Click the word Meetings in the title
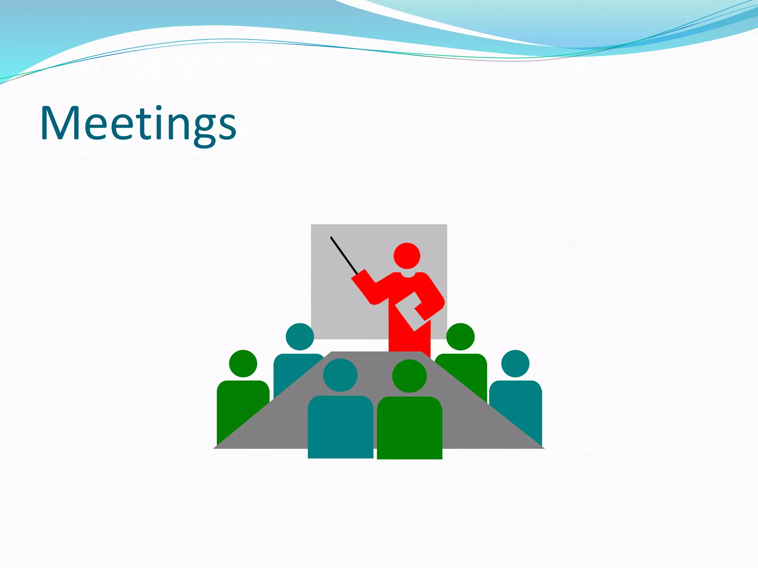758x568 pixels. pos(138,124)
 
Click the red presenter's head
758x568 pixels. pos(407,256)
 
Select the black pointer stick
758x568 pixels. pos(344,255)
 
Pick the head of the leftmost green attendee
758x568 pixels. pos(243,364)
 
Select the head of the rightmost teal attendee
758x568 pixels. pos(515,364)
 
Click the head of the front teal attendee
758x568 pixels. pos(340,375)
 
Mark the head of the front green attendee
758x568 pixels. pos(409,376)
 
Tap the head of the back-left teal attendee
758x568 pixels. pos(300,337)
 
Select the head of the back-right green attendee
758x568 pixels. pos(460,337)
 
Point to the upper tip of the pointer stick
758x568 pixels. pos(332,238)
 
